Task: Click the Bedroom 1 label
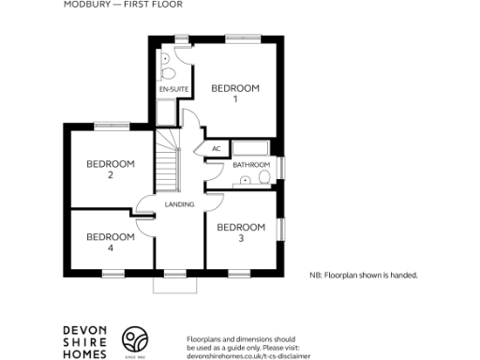(x=234, y=93)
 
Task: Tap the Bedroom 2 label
(x=111, y=169)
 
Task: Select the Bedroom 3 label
(x=241, y=232)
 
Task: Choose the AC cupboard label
(x=216, y=148)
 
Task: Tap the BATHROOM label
(x=251, y=165)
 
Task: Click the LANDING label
(x=179, y=204)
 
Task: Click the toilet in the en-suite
(x=165, y=71)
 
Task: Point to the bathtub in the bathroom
(x=252, y=148)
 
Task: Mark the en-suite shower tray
(x=167, y=113)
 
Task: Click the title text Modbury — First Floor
(x=123, y=5)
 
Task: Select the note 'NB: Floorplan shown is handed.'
(x=363, y=276)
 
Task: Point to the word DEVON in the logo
(x=84, y=329)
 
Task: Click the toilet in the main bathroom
(x=264, y=176)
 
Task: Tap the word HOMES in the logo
(x=84, y=353)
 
